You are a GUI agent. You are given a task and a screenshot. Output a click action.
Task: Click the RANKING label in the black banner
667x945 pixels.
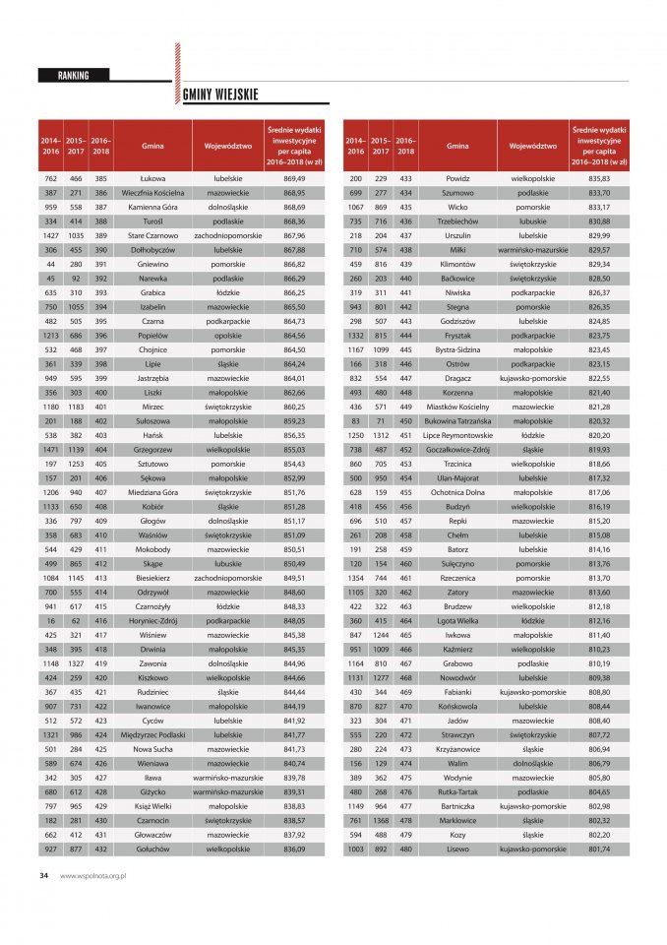[x=74, y=75]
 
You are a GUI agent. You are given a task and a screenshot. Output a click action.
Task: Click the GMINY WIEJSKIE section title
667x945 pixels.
[x=220, y=94]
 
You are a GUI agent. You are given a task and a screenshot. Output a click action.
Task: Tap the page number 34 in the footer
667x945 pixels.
[x=43, y=874]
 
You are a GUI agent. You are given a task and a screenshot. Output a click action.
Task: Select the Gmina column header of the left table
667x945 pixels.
[x=152, y=145]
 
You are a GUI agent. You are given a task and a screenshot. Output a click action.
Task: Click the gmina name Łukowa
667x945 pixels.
[x=152, y=178]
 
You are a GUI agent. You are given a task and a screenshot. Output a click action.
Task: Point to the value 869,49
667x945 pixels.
[x=294, y=178]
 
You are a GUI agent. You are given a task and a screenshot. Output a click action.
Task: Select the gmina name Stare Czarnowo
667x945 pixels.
[x=152, y=236]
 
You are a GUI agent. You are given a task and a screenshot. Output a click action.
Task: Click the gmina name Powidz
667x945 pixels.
[x=457, y=178]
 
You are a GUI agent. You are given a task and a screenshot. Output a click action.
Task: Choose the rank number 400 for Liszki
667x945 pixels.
[x=100, y=392]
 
